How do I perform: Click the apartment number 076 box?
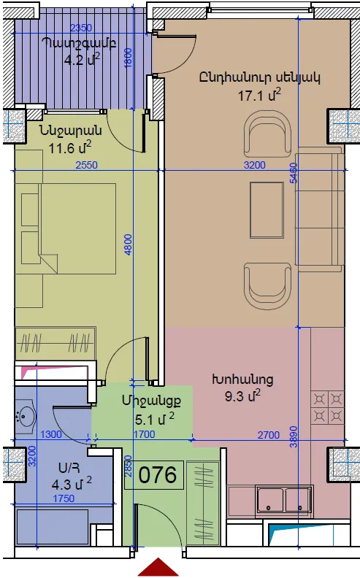click(154, 475)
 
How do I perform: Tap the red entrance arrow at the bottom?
click(158, 568)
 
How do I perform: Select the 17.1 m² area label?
click(259, 95)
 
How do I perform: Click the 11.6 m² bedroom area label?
click(70, 147)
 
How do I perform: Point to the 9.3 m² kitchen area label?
click(242, 396)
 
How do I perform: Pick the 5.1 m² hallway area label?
click(155, 419)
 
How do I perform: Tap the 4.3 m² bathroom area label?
click(72, 483)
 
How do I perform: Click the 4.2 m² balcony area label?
click(82, 59)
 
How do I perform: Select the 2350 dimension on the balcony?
click(81, 28)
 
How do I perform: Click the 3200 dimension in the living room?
click(255, 165)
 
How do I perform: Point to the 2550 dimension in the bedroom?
click(87, 165)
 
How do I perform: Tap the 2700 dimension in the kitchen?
click(269, 435)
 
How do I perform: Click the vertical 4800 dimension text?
click(128, 244)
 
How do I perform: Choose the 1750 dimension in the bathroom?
click(64, 498)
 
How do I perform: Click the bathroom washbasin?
click(26, 417)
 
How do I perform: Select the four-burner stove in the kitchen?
click(328, 407)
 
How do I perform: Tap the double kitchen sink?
click(285, 499)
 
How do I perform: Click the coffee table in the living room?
click(267, 209)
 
